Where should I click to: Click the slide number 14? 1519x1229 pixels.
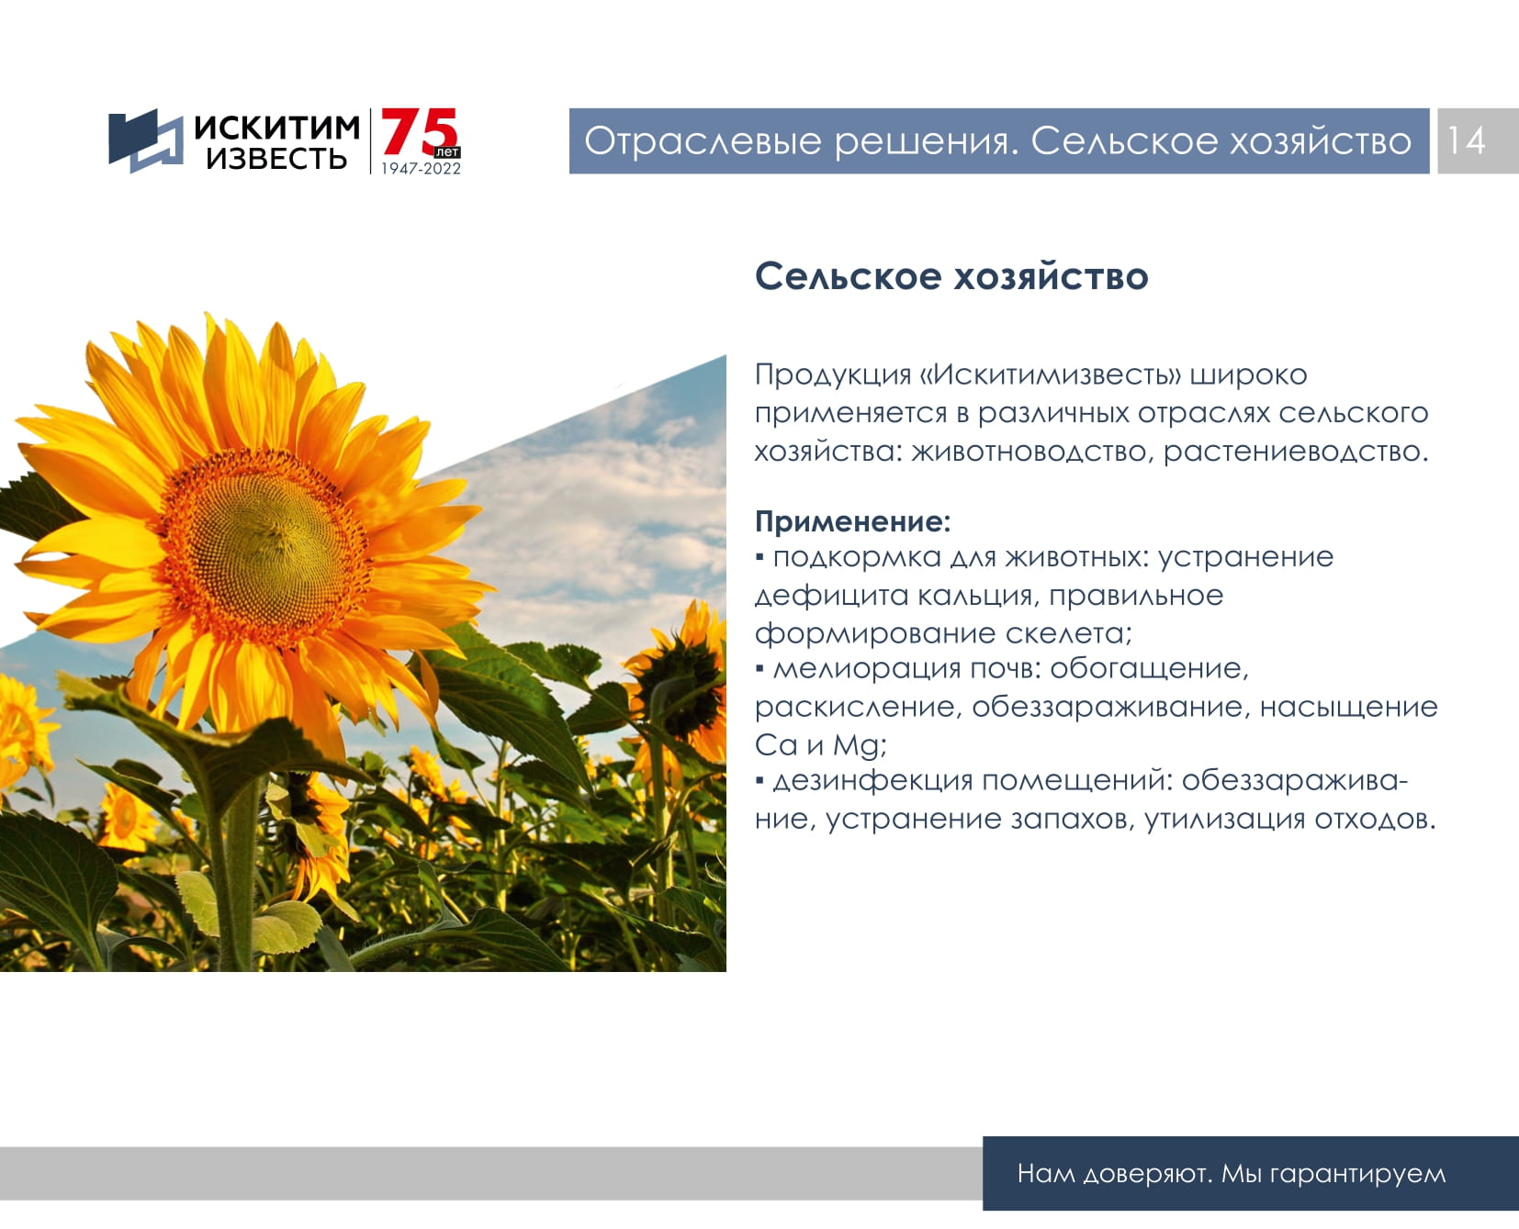click(1466, 140)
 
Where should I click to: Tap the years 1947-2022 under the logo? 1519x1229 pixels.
click(421, 169)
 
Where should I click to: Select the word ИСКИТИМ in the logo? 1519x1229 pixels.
click(276, 128)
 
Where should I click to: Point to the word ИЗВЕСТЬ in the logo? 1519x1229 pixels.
click(276, 159)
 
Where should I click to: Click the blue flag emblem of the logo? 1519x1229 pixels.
click(145, 140)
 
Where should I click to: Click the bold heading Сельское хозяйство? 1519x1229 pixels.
click(951, 276)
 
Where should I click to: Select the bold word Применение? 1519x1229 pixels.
click(852, 521)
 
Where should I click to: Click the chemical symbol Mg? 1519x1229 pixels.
click(858, 745)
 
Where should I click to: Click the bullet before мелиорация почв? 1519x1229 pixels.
click(759, 668)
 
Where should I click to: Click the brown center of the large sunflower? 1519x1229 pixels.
click(268, 542)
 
